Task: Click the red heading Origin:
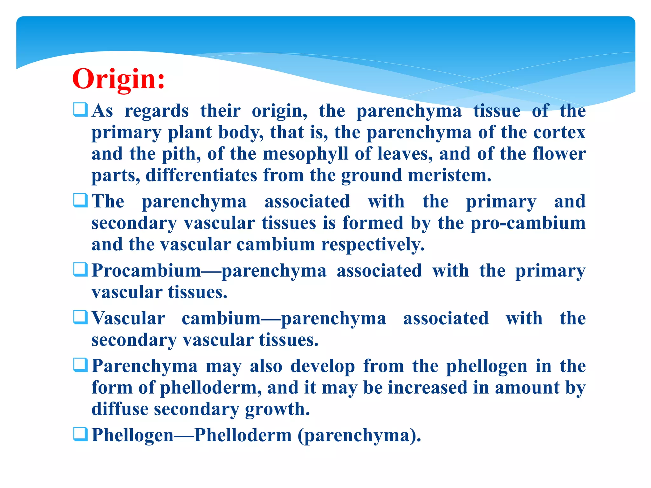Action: (118, 79)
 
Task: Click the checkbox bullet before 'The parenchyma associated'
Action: (80, 200)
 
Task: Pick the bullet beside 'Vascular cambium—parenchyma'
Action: (80, 317)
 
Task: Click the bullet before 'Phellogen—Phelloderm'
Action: (80, 434)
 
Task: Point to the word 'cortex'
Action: (559, 132)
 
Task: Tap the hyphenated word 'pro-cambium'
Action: (528, 223)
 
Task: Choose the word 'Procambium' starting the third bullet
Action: (146, 271)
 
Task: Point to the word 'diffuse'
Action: (120, 409)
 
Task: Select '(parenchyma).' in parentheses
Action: (359, 435)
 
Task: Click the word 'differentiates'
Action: (201, 175)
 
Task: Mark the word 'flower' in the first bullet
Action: (559, 154)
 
